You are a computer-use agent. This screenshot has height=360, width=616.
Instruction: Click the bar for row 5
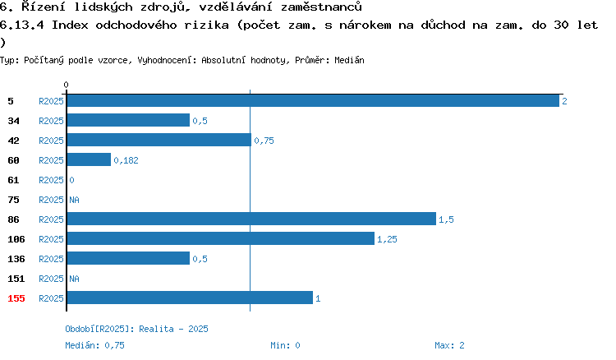pyautogui.click(x=313, y=101)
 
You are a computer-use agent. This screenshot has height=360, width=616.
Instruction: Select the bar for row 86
pyautogui.click(x=251, y=219)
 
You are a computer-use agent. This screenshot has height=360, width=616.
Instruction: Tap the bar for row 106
pyautogui.click(x=221, y=238)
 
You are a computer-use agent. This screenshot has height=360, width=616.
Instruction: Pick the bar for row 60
pyautogui.click(x=89, y=159)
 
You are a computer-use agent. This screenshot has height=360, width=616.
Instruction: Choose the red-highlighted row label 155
pyautogui.click(x=16, y=298)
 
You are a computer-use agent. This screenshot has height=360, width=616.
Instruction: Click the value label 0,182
pyautogui.click(x=126, y=160)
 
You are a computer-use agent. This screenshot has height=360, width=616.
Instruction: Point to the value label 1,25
pyautogui.click(x=387, y=239)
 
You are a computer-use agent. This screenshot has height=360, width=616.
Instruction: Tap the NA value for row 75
pyautogui.click(x=74, y=200)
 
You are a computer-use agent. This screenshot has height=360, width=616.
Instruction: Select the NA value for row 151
pyautogui.click(x=74, y=279)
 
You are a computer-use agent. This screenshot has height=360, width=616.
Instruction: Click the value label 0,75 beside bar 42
pyautogui.click(x=264, y=141)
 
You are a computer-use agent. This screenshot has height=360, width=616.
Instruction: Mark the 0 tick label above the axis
pyautogui.click(x=66, y=85)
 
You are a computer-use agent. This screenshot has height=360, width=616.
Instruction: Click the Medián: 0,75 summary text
pyautogui.click(x=94, y=345)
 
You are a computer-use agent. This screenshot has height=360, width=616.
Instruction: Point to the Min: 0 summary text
pyautogui.click(x=285, y=345)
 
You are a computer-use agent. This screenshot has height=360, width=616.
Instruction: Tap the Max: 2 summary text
pyautogui.click(x=449, y=345)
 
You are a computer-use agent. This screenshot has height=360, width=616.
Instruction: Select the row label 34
pyautogui.click(x=13, y=121)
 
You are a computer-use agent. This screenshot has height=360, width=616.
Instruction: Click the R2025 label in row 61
pyautogui.click(x=51, y=180)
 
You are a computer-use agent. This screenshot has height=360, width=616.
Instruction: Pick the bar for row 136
pyautogui.click(x=128, y=258)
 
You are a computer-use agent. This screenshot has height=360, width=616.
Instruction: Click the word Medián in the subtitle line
pyautogui.click(x=349, y=60)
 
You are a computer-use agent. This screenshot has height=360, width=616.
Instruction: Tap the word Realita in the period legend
pyautogui.click(x=156, y=329)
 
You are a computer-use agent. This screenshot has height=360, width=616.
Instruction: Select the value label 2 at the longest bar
pyautogui.click(x=564, y=101)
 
